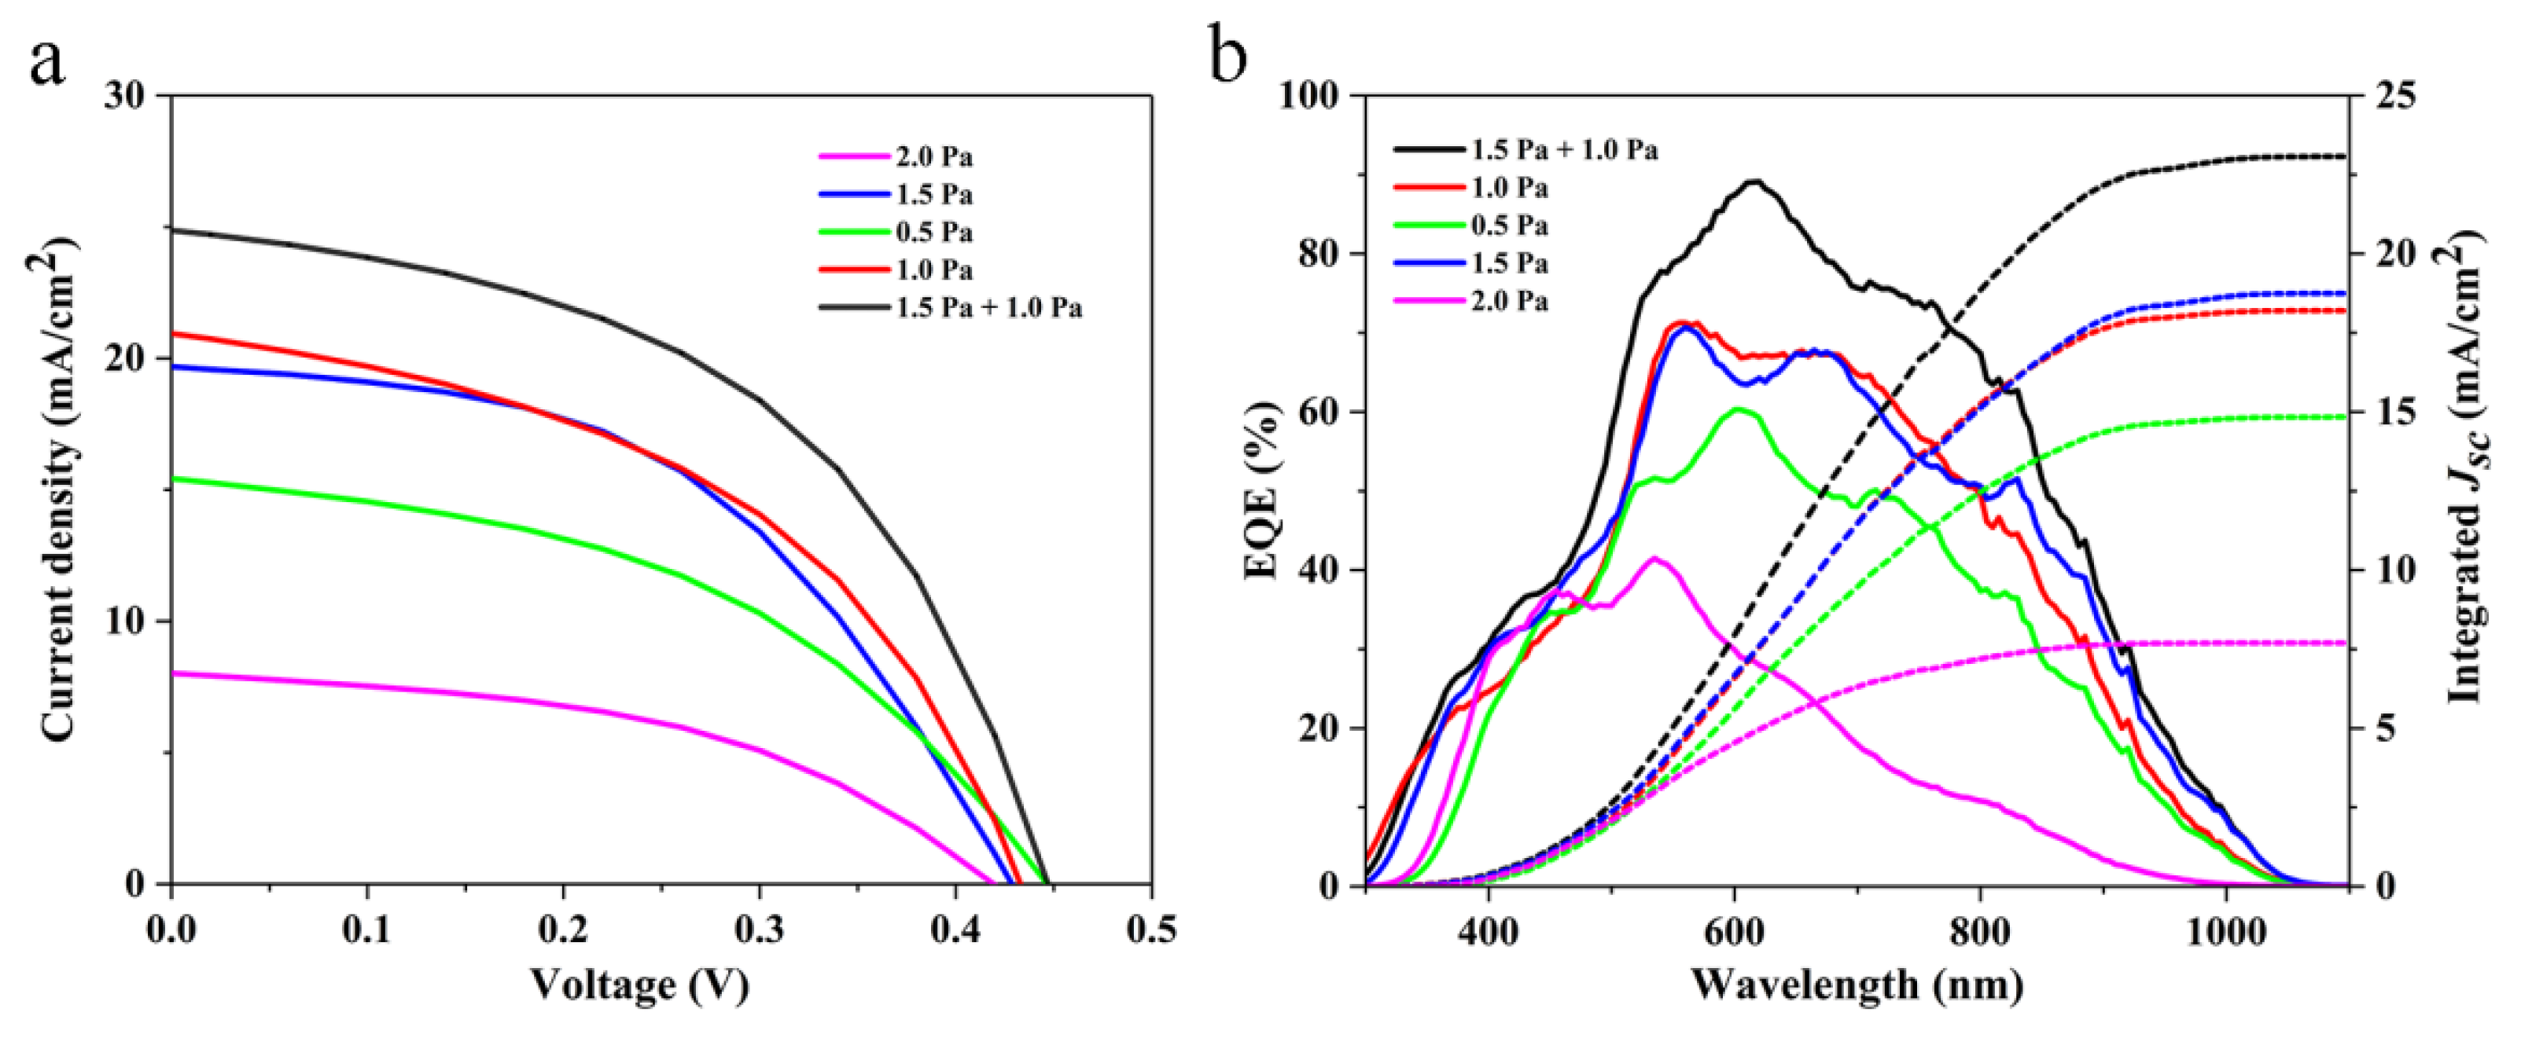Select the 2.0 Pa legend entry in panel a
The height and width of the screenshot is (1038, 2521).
tap(933, 157)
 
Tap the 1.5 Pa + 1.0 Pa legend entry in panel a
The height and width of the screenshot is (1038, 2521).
tap(988, 308)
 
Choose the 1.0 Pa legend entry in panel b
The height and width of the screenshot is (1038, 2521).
tap(1510, 188)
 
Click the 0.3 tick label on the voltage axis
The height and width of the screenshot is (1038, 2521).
tap(760, 930)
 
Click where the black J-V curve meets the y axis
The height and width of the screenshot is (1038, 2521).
tap(172, 230)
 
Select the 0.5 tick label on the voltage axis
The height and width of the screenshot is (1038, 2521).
tap(1151, 930)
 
